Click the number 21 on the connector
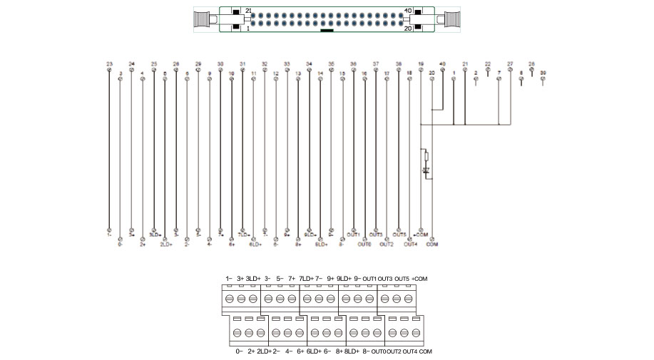tap(248, 11)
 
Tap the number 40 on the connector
tap(408, 11)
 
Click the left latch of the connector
tap(204, 19)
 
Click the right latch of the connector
tap(453, 19)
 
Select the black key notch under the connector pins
tap(327, 31)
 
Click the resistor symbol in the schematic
tap(426, 156)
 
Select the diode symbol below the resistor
tap(426, 172)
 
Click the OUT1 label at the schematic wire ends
tap(354, 234)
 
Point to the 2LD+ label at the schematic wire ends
tap(165, 245)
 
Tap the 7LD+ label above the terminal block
tap(307, 278)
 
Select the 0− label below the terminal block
tap(239, 351)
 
